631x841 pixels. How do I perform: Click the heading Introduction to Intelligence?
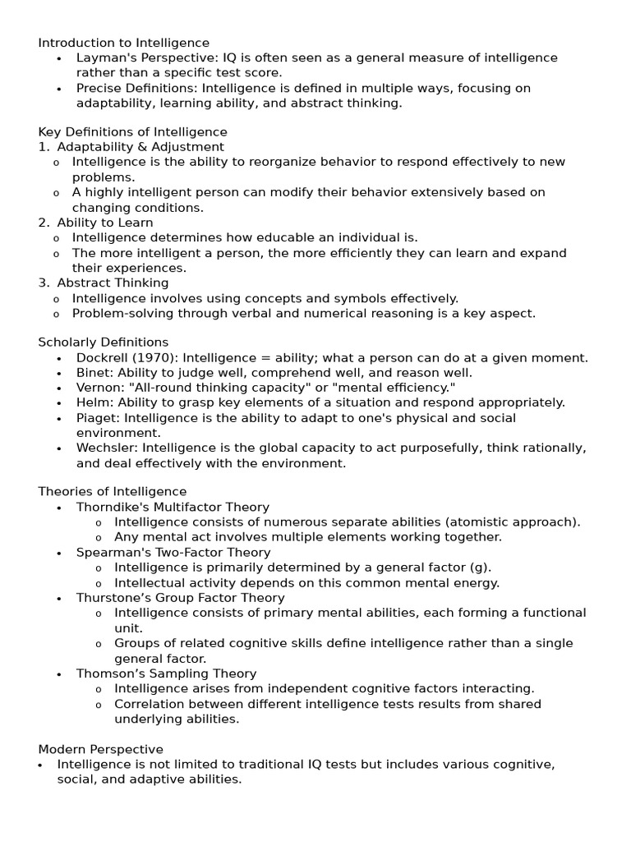[x=123, y=43]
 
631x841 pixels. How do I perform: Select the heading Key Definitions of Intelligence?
[x=132, y=132]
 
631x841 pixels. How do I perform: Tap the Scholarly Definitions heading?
[x=103, y=342]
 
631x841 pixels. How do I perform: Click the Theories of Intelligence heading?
[x=112, y=492]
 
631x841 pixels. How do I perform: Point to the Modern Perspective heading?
[x=100, y=749]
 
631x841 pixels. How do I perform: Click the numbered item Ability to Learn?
[x=105, y=223]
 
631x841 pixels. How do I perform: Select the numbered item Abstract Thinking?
[x=113, y=283]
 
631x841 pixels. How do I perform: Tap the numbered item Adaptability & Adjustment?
[x=140, y=147]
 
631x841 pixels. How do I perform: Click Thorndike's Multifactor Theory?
[x=173, y=508]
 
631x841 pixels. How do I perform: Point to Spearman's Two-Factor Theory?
[x=173, y=553]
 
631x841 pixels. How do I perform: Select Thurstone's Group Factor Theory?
[x=181, y=598]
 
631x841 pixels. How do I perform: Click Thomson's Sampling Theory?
[x=167, y=673]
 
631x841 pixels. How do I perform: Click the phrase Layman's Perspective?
[x=136, y=58]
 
